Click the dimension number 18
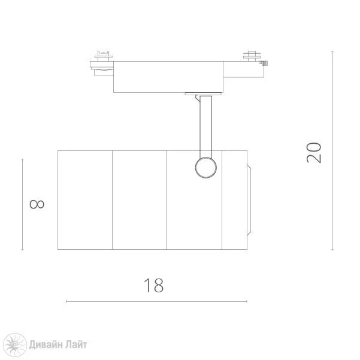tap(153, 285)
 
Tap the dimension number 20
tap(314, 153)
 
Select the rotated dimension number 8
tap(37, 204)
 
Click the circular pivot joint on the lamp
tap(205, 168)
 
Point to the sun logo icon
tap(15, 345)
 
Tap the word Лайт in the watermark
tap(76, 345)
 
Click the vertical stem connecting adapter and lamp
tap(205, 127)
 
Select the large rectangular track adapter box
tap(168, 77)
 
